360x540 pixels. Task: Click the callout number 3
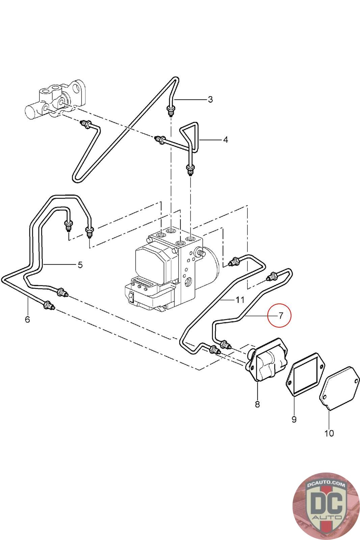point(210,99)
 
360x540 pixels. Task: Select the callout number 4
point(225,139)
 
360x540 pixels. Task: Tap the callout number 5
point(80,265)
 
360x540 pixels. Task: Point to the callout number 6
point(27,319)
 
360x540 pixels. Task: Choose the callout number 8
point(257,404)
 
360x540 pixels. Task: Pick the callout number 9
point(294,419)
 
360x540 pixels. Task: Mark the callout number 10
point(329,433)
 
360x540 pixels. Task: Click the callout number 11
point(240,299)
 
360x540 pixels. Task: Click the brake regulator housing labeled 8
point(268,363)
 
